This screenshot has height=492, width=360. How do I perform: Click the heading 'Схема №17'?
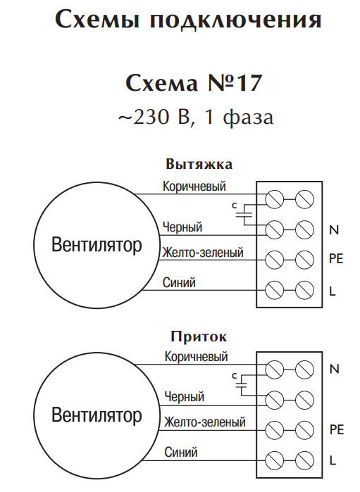tap(194, 83)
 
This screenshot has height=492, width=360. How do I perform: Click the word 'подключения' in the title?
tap(235, 20)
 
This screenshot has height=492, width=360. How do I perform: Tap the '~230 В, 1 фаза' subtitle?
tap(195, 118)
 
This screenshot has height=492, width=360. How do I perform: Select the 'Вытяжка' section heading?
tap(199, 165)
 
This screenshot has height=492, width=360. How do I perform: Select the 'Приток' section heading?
tap(199, 336)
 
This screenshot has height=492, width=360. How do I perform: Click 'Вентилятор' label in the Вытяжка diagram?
tap(97, 245)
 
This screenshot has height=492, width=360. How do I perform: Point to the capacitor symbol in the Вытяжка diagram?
tap(244, 215)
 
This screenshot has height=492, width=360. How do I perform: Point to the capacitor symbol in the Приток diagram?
tap(242, 385)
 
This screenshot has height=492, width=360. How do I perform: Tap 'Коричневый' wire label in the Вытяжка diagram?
tap(194, 186)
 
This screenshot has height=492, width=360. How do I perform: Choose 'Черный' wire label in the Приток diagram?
tap(185, 397)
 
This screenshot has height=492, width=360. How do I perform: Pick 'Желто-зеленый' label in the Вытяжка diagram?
tap(203, 252)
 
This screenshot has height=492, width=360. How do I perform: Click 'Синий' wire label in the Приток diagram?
tap(181, 452)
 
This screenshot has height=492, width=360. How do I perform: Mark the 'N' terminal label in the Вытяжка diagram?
tap(334, 230)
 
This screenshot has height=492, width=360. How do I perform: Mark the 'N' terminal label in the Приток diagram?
tap(335, 369)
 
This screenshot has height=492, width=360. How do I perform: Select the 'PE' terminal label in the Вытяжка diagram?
tap(336, 259)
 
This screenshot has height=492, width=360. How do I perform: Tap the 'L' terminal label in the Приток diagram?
tap(333, 460)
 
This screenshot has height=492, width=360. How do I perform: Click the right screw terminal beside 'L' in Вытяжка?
tap(304, 290)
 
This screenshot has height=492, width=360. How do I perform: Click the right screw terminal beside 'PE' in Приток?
tap(304, 430)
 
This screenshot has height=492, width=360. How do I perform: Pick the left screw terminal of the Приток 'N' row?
tap(275, 370)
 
